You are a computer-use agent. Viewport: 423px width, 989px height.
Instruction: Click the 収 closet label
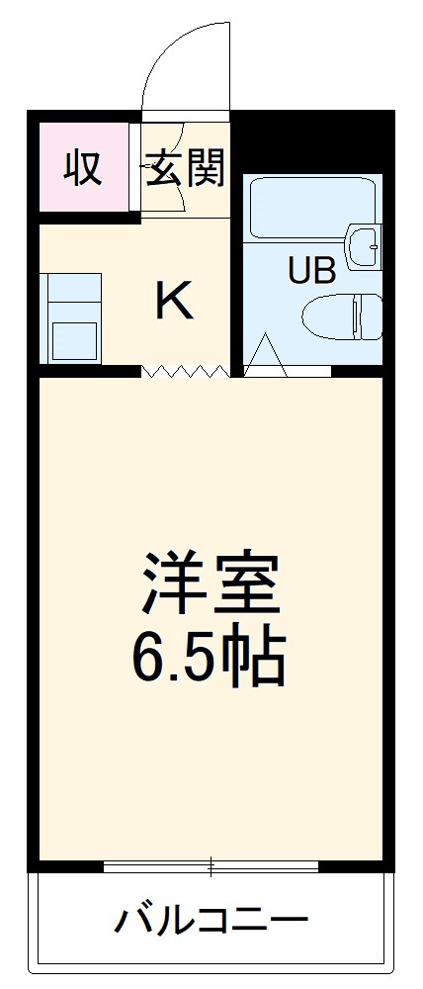pyautogui.click(x=83, y=168)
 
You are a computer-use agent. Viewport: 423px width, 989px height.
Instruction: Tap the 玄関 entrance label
pyautogui.click(x=185, y=168)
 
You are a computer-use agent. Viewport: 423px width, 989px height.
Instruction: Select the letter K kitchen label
pyautogui.click(x=174, y=301)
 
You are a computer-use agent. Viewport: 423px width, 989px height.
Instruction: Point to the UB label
pyautogui.click(x=311, y=269)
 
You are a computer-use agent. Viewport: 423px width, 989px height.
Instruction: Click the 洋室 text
pyautogui.click(x=211, y=584)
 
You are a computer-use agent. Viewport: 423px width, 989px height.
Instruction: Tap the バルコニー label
pyautogui.click(x=210, y=924)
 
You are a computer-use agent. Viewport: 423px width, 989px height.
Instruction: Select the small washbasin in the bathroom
pyautogui.click(x=363, y=243)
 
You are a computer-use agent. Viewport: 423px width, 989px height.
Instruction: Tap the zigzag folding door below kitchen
pyautogui.click(x=185, y=371)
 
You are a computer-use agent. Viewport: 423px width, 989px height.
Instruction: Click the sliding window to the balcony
pyautogui.click(x=211, y=868)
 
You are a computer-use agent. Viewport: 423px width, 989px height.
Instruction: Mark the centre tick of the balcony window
pyautogui.click(x=211, y=868)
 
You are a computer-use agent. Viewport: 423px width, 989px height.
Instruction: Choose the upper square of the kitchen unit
pyautogui.click(x=75, y=290)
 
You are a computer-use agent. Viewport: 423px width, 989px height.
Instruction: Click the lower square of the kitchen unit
pyautogui.click(x=75, y=338)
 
